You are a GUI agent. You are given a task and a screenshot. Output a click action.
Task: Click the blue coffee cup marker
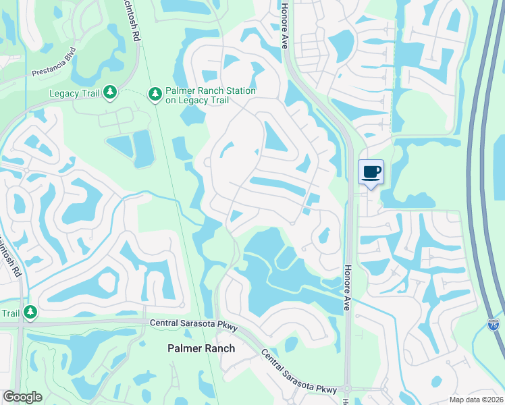[x=371, y=171]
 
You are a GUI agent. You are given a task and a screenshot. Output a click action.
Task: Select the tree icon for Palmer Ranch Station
[x=155, y=94]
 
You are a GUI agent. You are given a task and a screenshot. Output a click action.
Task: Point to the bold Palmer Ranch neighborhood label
[x=201, y=348]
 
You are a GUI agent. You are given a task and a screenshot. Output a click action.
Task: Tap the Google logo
[x=22, y=397]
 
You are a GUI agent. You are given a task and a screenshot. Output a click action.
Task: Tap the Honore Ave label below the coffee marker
[x=348, y=286]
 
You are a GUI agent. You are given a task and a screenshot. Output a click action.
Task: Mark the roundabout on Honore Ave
[x=346, y=389]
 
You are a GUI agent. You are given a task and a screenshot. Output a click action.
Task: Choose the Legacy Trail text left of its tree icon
[x=74, y=93]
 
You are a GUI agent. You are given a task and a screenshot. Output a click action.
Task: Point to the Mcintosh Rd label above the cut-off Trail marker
[x=12, y=257]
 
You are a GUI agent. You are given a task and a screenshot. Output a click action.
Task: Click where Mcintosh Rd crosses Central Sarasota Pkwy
[x=20, y=325]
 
